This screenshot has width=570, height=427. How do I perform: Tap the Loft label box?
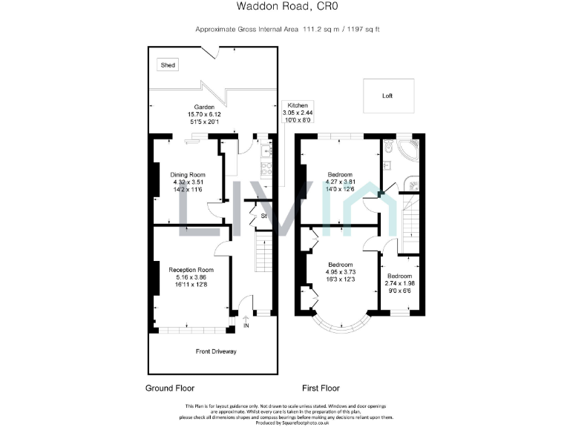pos(387,96)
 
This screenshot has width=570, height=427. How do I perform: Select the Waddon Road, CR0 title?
pos(284,7)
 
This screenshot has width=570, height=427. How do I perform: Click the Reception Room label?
pos(191,270)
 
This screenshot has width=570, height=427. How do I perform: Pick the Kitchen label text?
pos(297,106)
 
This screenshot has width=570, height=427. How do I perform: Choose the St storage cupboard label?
pos(263,216)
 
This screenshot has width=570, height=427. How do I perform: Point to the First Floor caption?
pos(321,388)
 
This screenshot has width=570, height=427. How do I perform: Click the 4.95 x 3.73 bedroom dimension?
pos(340,272)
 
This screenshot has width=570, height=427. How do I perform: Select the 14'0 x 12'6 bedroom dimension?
pos(340,189)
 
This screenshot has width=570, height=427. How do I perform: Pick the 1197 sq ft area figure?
pos(362,30)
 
